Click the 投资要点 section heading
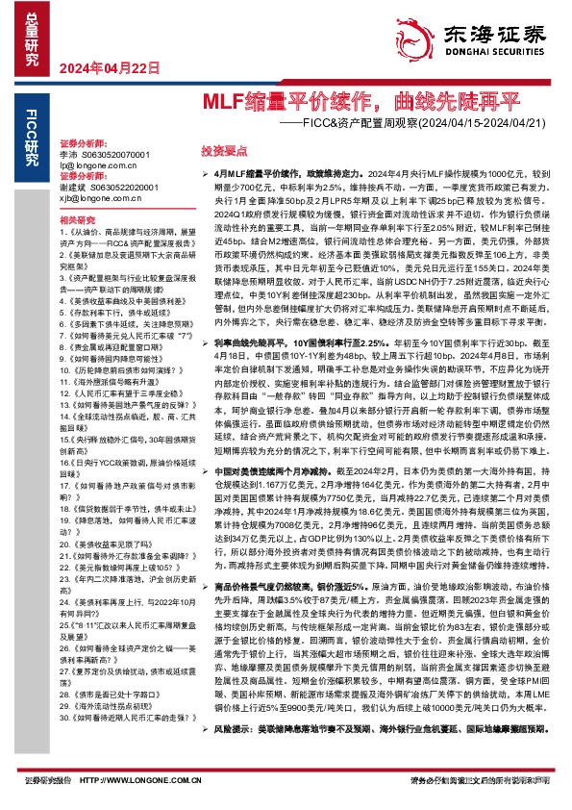pos(221,151)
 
